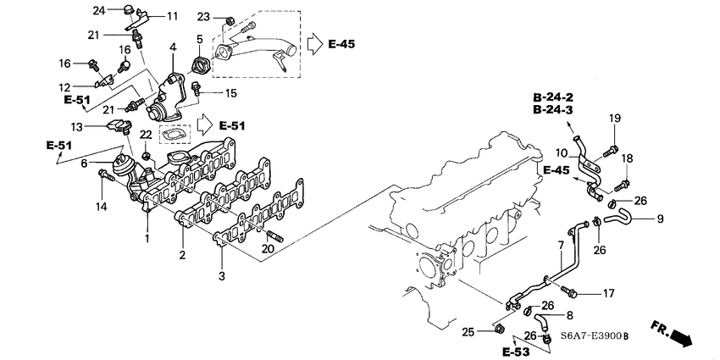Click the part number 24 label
click(98, 10)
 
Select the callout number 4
click(173, 48)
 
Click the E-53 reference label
click(515, 350)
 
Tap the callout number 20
click(269, 248)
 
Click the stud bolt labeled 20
click(273, 235)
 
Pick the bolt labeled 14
click(104, 175)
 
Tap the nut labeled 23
click(230, 19)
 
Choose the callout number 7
click(560, 246)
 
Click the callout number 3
click(222, 277)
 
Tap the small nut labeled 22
click(147, 155)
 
